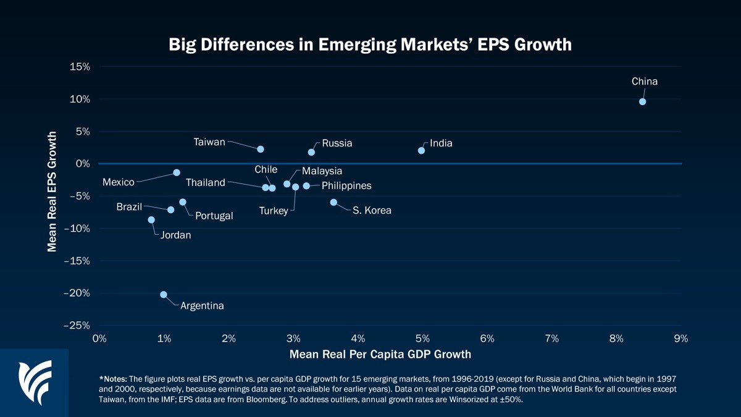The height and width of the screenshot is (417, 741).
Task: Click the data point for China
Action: click(x=642, y=101)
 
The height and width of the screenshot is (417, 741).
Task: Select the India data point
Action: click(x=421, y=150)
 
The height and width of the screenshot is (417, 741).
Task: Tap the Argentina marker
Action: click(x=164, y=295)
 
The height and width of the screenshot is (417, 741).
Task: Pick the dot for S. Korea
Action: click(x=333, y=202)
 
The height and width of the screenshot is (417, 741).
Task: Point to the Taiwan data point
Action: click(x=261, y=149)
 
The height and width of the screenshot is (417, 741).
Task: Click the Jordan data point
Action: click(x=151, y=219)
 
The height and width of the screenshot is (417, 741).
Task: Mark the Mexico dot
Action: click(x=177, y=172)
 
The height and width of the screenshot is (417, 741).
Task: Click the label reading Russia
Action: click(x=337, y=143)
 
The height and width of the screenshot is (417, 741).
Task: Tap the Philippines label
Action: click(x=346, y=185)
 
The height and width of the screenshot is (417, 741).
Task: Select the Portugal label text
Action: click(x=214, y=216)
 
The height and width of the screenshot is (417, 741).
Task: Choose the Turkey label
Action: click(x=274, y=211)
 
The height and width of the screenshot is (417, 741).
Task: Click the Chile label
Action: click(x=266, y=169)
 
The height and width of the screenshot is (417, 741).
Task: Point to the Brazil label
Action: click(x=129, y=207)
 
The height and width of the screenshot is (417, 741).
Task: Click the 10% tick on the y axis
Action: click(x=80, y=99)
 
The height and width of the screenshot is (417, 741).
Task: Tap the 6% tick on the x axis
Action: click(x=487, y=338)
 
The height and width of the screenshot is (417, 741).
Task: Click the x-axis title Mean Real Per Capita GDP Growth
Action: click(x=380, y=354)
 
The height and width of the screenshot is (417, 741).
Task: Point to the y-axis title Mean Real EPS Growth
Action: click(x=52, y=191)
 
